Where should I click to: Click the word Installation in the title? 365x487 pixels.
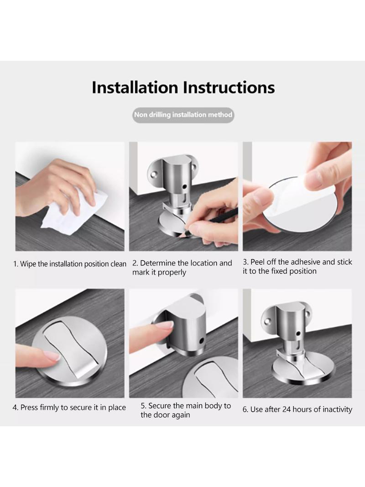pyautogui.click(x=135, y=87)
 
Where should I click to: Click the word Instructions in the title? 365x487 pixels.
pyautogui.click(x=229, y=87)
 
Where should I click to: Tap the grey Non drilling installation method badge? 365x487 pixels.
pyautogui.click(x=183, y=115)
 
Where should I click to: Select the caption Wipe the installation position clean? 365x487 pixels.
pyautogui.click(x=70, y=264)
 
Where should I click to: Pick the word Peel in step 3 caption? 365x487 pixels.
pyautogui.click(x=256, y=262)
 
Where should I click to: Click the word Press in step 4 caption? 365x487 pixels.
pyautogui.click(x=29, y=408)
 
